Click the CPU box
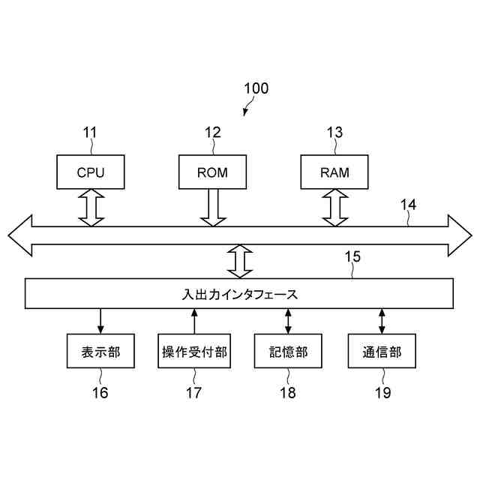(x=91, y=172)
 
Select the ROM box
(x=212, y=172)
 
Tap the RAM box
(x=334, y=172)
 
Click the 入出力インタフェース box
(x=239, y=293)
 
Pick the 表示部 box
(x=100, y=351)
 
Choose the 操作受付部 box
(x=194, y=351)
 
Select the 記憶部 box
(x=288, y=351)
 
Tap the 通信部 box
(x=382, y=351)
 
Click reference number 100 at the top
(x=256, y=88)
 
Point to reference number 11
(x=90, y=133)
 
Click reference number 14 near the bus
(x=409, y=205)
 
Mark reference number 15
(x=352, y=256)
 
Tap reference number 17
(x=193, y=393)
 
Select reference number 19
(x=383, y=393)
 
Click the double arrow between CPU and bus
(x=91, y=208)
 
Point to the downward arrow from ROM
(x=213, y=208)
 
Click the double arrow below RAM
(x=335, y=208)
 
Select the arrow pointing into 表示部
(x=100, y=321)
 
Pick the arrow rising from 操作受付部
(x=194, y=321)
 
